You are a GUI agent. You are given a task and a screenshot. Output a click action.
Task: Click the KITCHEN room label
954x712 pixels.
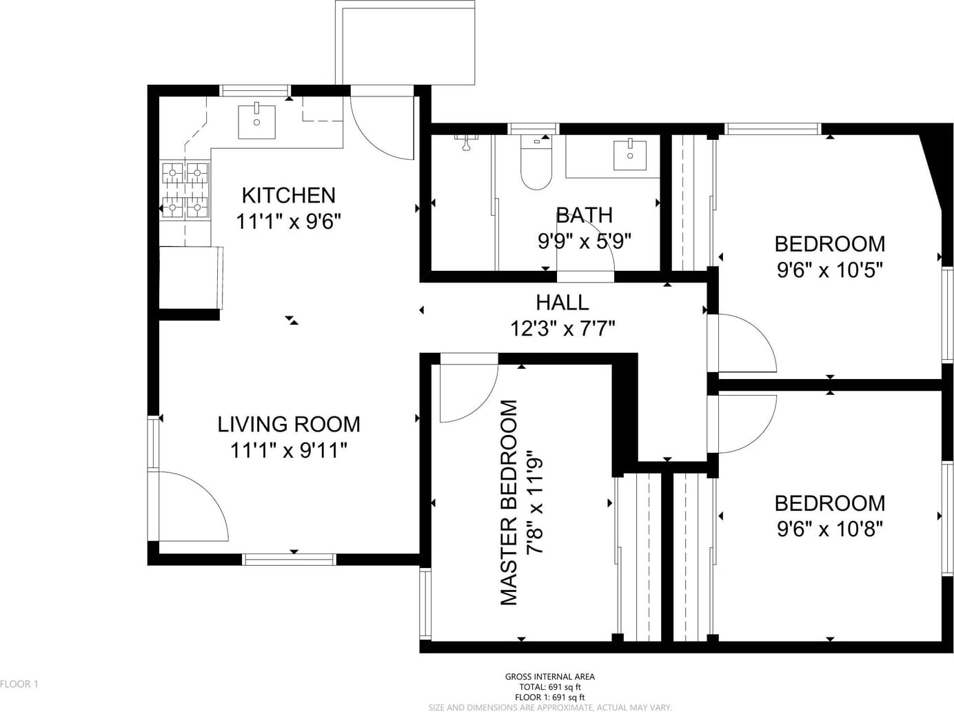pos(289,196)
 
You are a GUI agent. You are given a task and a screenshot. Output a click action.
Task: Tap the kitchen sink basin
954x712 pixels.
pos(256,121)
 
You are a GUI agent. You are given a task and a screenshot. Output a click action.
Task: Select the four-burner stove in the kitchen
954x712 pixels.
pos(185,190)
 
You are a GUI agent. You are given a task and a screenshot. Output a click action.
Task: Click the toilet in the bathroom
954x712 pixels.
pos(536,163)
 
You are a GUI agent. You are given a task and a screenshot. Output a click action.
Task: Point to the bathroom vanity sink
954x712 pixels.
pos(630,155)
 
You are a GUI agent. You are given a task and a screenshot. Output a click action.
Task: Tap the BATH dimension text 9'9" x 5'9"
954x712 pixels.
pos(584,241)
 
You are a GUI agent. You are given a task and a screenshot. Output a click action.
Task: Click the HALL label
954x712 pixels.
pos(562,303)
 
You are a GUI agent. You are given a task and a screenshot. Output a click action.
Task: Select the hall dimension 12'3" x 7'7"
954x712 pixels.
pos(562,328)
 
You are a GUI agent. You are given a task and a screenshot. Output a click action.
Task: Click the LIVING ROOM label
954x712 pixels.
pos(289,425)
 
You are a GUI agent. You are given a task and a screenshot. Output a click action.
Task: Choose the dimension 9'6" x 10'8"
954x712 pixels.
pos(830,529)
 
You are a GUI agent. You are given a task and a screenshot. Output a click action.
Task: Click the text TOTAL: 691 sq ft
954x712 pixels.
pos(550,686)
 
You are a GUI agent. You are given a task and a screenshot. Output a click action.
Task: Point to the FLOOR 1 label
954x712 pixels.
pos(19,684)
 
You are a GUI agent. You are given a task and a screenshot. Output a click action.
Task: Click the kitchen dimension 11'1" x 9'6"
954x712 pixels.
pos(289,222)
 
